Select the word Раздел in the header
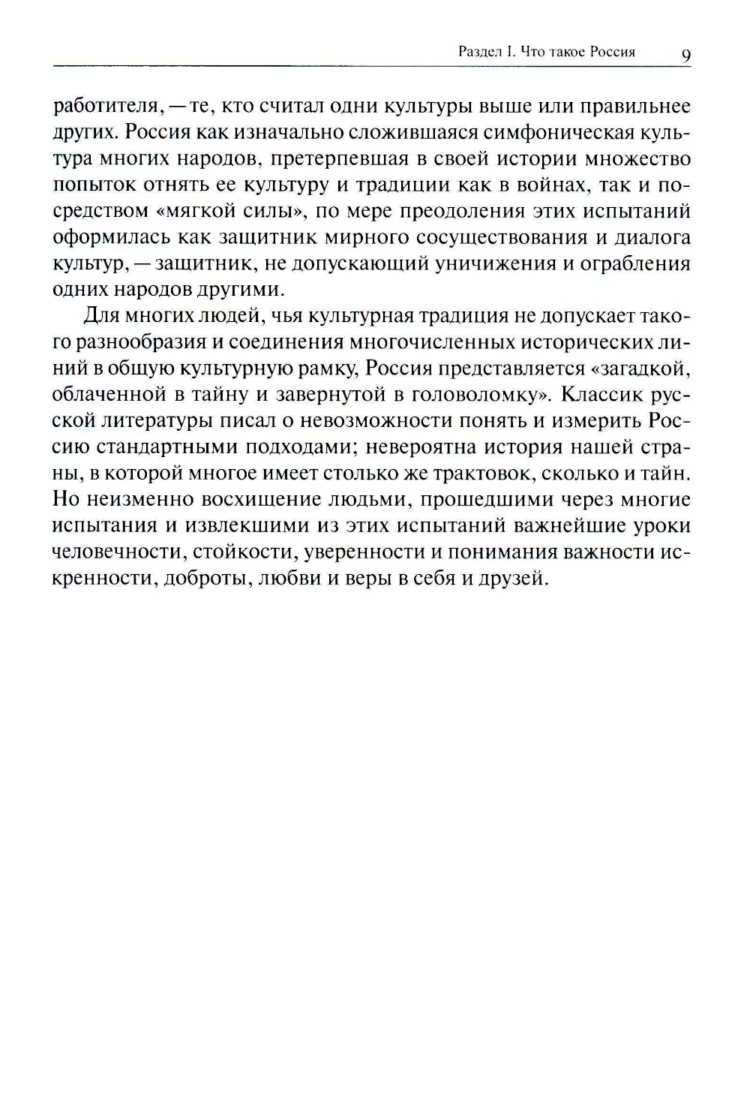(x=477, y=53)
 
